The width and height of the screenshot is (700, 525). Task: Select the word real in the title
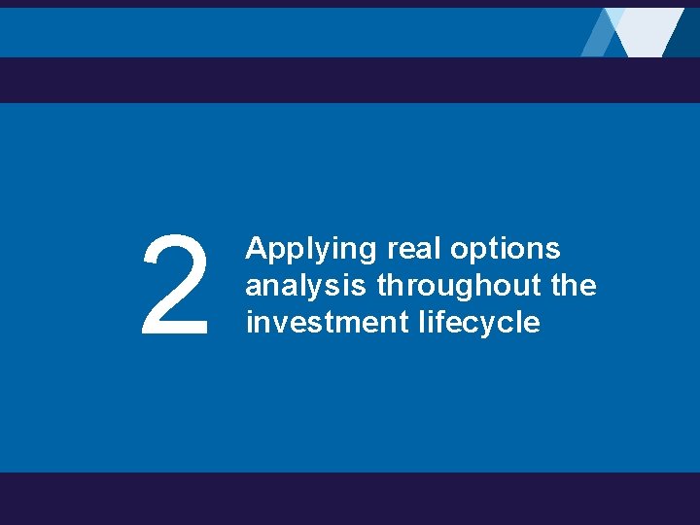pos(417,249)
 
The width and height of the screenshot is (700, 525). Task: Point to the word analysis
pos(306,286)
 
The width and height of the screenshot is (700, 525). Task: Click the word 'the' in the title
pos(574,286)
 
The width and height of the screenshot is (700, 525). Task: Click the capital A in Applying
pos(255,249)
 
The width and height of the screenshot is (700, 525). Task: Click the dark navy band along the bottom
pos(350,499)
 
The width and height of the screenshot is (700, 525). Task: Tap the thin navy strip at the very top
pos(350,3)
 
